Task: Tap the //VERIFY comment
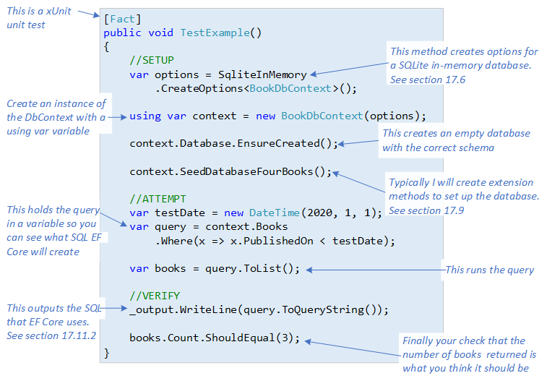[155, 296]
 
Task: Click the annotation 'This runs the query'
[489, 270]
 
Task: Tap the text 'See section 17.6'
[427, 80]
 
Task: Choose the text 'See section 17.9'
[426, 210]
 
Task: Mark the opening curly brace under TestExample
[107, 47]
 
